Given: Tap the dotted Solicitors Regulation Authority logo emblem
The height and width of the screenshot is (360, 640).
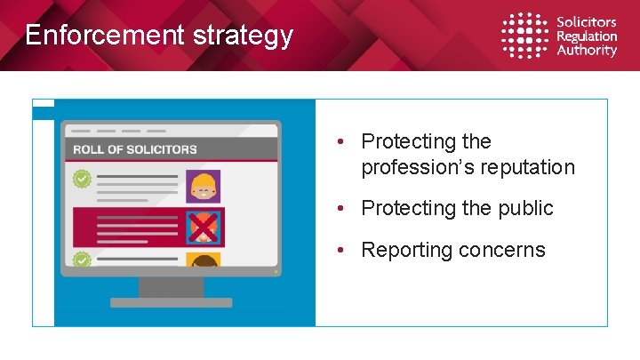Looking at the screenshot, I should (x=524, y=36).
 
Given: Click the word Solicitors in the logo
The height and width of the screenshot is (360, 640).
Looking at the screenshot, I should (x=586, y=22).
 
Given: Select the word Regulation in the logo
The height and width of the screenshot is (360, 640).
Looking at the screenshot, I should (x=587, y=36).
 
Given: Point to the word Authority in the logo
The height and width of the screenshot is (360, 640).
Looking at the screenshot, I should (x=586, y=51).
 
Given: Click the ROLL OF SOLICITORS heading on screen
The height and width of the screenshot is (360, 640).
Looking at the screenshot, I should (x=135, y=149).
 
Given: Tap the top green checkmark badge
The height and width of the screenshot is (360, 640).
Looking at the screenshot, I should (x=82, y=180).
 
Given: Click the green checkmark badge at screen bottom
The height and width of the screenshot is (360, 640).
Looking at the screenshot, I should (x=82, y=260).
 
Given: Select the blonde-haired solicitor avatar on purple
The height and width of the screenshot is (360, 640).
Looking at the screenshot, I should (x=204, y=187).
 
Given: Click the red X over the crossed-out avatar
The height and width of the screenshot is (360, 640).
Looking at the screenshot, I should (x=204, y=228).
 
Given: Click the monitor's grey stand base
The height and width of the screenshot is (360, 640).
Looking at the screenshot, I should (x=171, y=302).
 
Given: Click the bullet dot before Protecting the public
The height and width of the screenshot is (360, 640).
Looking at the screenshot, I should (x=341, y=208).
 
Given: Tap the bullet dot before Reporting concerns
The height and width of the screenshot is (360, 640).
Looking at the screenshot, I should (x=341, y=250).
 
